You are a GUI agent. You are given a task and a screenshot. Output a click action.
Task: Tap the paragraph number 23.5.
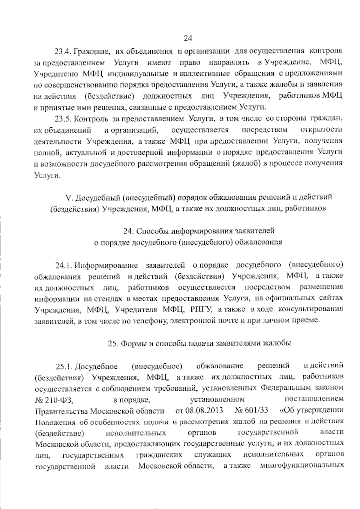[x=62, y=119]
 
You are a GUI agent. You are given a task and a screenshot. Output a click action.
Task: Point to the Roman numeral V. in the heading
[x=69, y=198]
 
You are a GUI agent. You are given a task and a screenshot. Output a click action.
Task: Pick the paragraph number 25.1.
[x=64, y=366]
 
